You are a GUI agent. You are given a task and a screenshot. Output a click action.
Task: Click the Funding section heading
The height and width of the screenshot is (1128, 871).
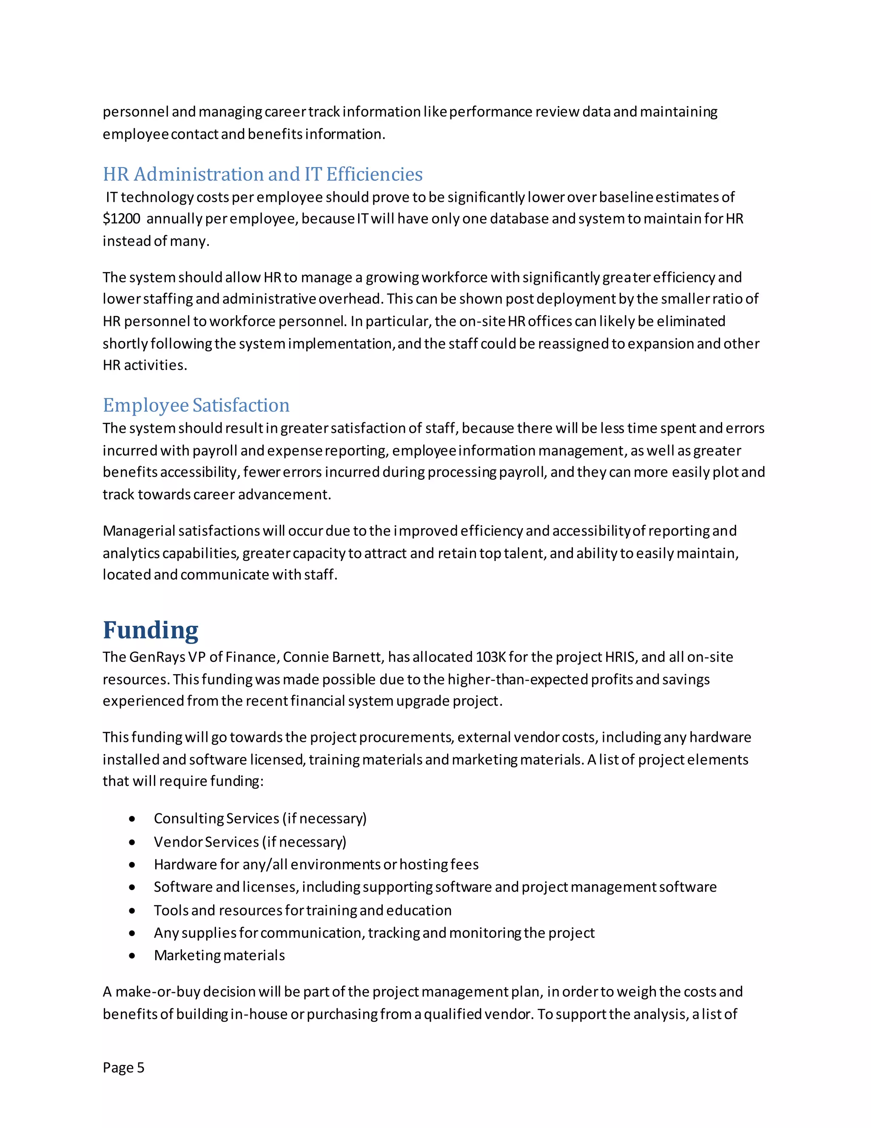coord(150,630)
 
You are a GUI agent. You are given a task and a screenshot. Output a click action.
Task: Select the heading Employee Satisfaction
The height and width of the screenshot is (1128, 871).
coord(196,405)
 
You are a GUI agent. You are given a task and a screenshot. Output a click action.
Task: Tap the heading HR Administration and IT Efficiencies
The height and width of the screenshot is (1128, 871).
coord(263,175)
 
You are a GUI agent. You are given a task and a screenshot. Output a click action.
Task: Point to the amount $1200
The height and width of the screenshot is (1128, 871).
coord(121,219)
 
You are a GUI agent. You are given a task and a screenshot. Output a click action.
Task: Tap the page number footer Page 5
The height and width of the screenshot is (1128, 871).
coord(123,1068)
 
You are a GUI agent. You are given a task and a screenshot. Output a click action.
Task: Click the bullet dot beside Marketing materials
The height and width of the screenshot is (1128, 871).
coord(133,956)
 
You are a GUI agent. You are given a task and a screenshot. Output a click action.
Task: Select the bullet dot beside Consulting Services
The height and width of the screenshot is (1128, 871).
coord(133,819)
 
